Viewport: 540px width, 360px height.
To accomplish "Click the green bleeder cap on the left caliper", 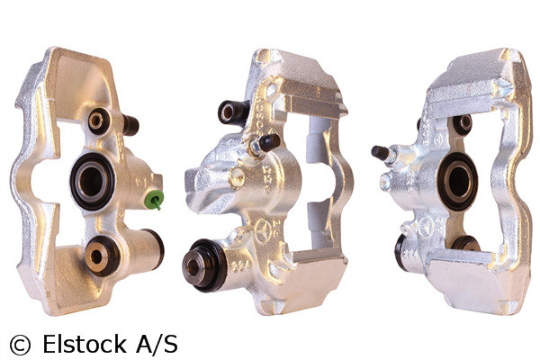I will tap(156, 198).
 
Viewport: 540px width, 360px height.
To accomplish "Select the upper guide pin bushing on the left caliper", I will tap(97, 121).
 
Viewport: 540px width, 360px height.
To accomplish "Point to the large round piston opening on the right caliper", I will tap(458, 180).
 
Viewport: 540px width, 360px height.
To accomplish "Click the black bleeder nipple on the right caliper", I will tap(380, 152).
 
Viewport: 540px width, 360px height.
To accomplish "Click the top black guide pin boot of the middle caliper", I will tap(232, 111).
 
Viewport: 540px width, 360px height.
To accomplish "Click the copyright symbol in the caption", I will tap(19, 344).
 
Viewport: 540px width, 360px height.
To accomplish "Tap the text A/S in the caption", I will tap(157, 344).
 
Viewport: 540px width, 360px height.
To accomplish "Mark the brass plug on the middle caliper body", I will tap(237, 177).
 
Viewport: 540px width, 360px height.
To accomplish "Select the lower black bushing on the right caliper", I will tap(464, 244).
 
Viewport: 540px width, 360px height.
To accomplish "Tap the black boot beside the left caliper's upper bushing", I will tap(130, 125).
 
